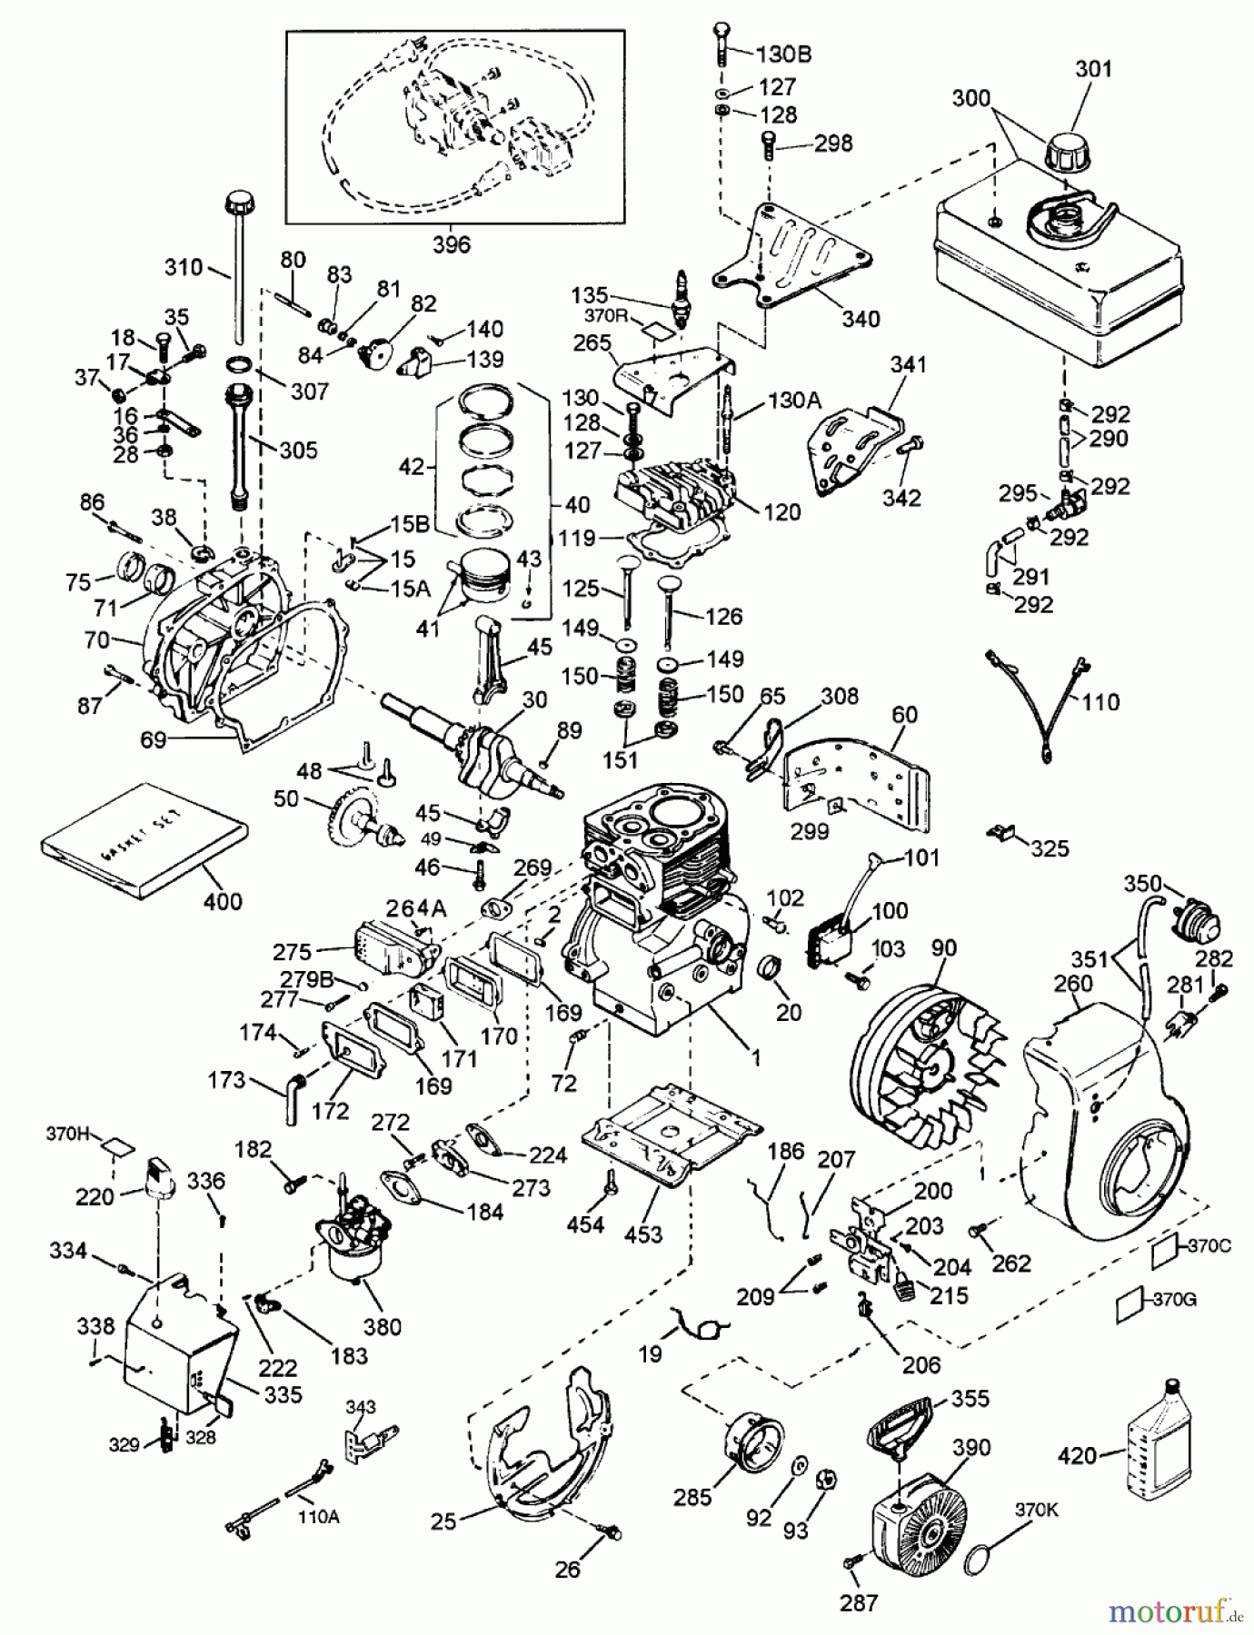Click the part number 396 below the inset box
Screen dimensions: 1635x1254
point(452,244)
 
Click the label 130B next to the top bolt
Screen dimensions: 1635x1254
point(783,54)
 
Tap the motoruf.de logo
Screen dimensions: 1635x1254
point(1174,1611)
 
